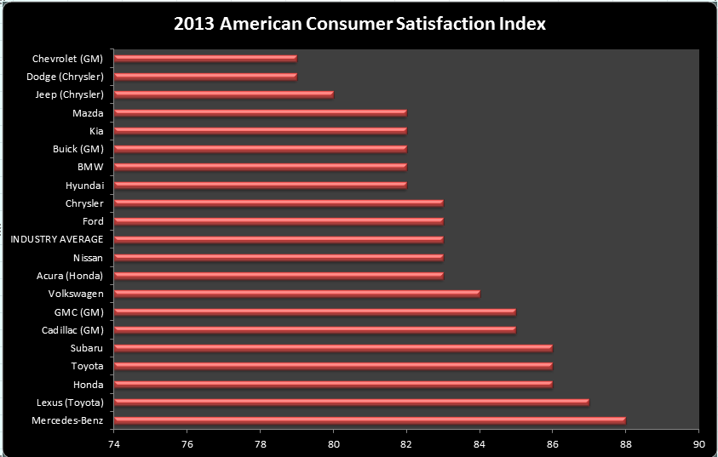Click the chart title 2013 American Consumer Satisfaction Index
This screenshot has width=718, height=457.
pyautogui.click(x=359, y=24)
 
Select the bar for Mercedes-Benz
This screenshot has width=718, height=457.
pyautogui.click(x=370, y=420)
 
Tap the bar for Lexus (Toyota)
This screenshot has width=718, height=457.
pyautogui.click(x=351, y=402)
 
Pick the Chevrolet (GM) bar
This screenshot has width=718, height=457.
pyautogui.click(x=205, y=58)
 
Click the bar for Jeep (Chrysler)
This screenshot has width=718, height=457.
pyautogui.click(x=223, y=94)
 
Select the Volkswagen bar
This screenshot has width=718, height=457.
pyautogui.click(x=296, y=294)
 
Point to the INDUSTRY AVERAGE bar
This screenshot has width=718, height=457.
pyautogui.click(x=279, y=239)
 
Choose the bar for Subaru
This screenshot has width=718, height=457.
pyautogui.click(x=333, y=347)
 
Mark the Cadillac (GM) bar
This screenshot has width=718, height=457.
pyautogui.click(x=314, y=329)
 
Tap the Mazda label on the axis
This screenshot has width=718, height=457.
pyautogui.click(x=89, y=112)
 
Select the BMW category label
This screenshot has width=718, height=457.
pyautogui.click(x=90, y=167)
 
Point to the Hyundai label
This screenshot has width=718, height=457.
pyautogui.click(x=84, y=185)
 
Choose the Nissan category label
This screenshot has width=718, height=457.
pyautogui.click(x=88, y=257)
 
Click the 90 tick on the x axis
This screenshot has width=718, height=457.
pyautogui.click(x=698, y=443)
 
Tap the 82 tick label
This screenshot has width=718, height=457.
pyautogui.click(x=406, y=443)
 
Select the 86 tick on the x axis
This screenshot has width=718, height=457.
pyautogui.click(x=553, y=443)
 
